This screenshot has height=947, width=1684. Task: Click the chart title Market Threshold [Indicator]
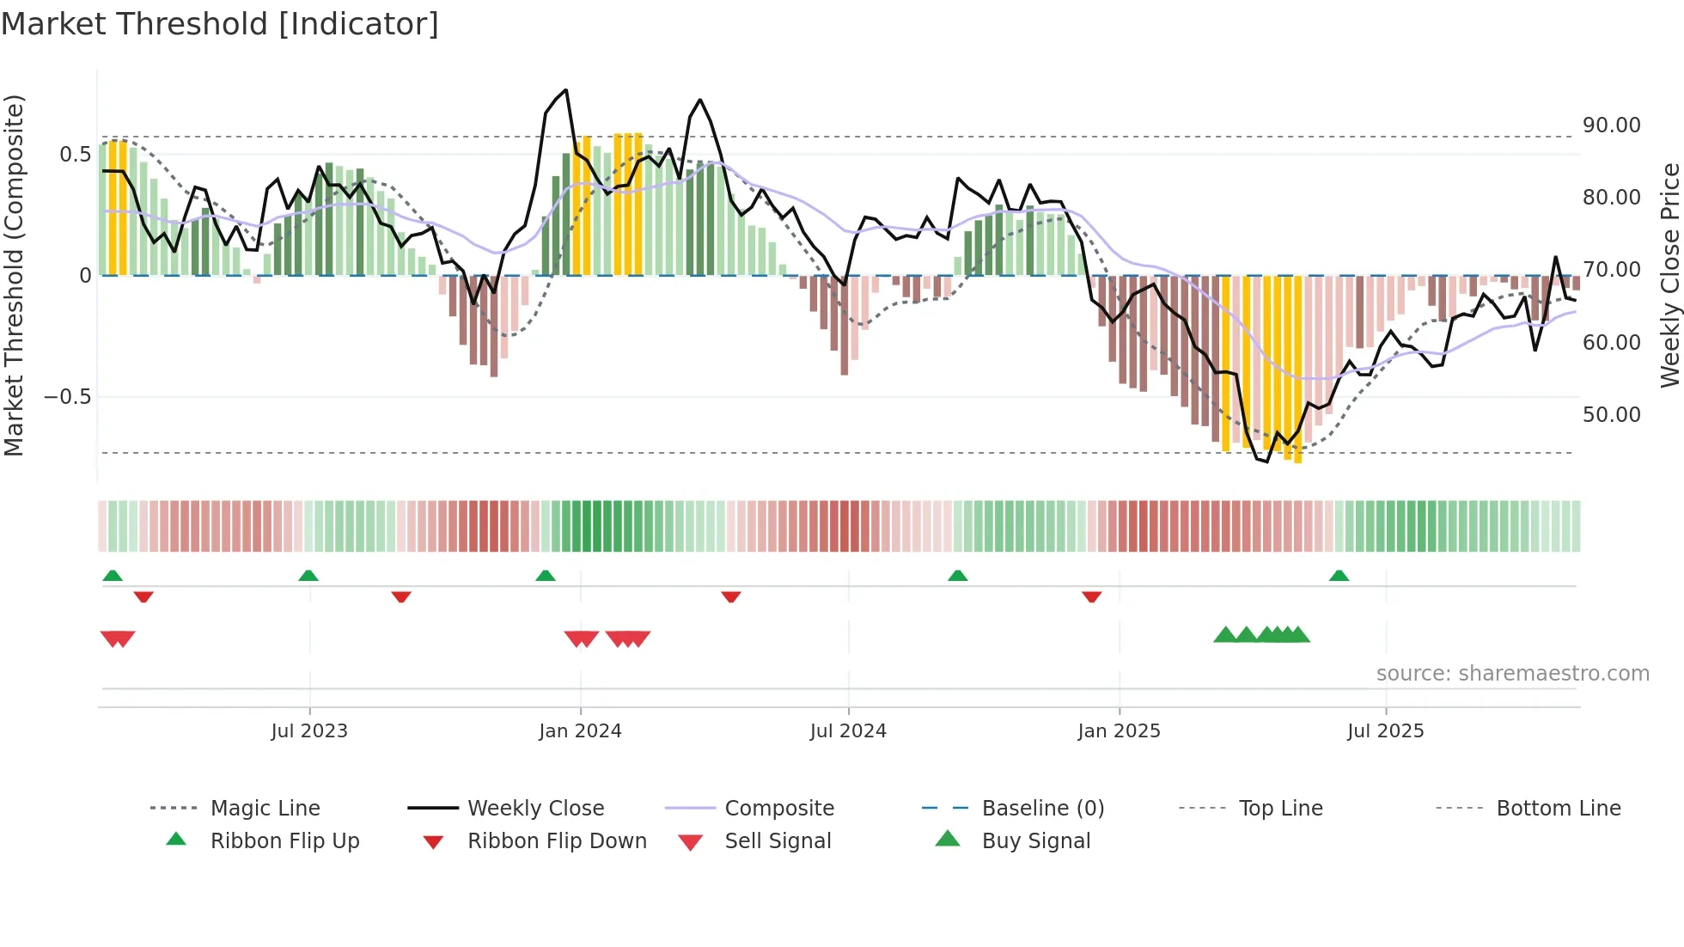(x=220, y=24)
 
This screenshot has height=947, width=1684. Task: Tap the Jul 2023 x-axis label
(x=309, y=731)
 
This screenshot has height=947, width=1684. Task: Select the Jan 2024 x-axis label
(x=580, y=731)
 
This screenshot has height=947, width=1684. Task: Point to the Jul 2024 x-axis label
(x=848, y=731)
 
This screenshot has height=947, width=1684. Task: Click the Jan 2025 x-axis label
(x=1119, y=731)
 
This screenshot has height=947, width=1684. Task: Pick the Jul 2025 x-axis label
(x=1385, y=731)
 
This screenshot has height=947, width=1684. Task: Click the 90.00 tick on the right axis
(x=1611, y=125)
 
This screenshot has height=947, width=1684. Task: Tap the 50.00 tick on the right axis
(x=1611, y=415)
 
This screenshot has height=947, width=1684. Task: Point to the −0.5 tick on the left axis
(x=67, y=397)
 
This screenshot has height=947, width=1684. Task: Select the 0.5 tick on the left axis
(x=75, y=155)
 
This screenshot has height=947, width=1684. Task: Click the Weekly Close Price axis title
(x=1669, y=275)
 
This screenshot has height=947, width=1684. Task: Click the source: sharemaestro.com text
(x=1512, y=674)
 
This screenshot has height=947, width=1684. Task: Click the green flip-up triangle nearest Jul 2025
(x=1339, y=576)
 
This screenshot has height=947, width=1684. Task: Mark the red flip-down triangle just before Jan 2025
(x=1091, y=596)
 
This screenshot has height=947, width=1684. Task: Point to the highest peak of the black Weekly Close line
(x=565, y=90)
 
